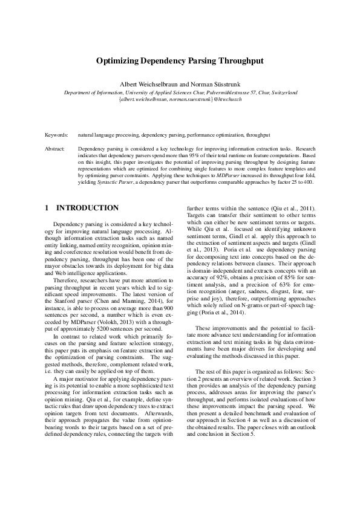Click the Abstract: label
click(x=55, y=148)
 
